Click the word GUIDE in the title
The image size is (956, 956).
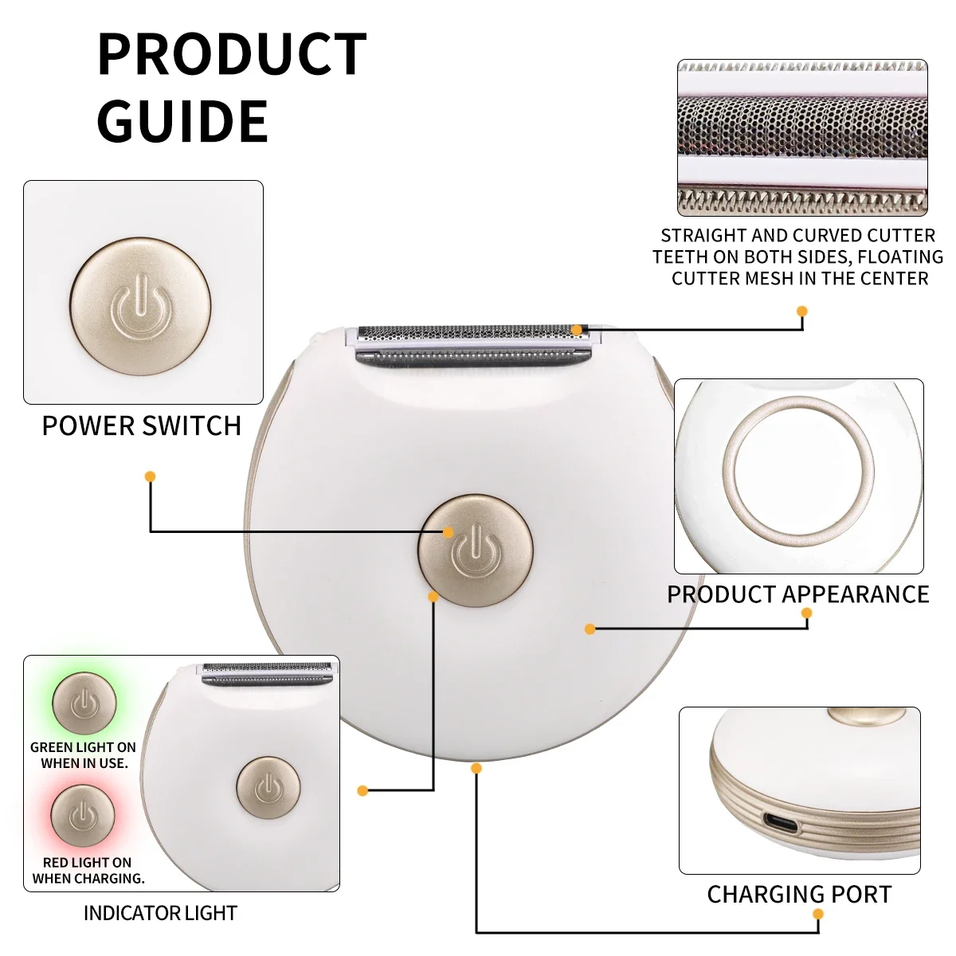[182, 120]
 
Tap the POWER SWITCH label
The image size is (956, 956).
[142, 426]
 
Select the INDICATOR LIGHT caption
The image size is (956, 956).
[160, 913]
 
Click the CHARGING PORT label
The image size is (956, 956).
[799, 895]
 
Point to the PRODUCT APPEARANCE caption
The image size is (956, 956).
[797, 594]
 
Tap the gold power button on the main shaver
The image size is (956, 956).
[476, 550]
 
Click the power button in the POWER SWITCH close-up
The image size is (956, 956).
[140, 306]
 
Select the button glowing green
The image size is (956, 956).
[84, 703]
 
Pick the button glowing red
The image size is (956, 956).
[83, 815]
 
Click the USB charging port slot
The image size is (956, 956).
[782, 824]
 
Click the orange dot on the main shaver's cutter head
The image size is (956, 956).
[576, 330]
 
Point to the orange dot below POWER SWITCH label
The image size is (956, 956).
[151, 476]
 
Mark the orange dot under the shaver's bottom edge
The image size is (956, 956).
[476, 769]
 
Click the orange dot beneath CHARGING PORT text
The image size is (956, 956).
[818, 914]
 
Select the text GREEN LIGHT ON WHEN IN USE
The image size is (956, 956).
[83, 755]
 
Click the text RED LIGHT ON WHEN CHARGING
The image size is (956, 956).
[88, 871]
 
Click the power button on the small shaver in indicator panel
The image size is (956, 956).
[268, 787]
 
